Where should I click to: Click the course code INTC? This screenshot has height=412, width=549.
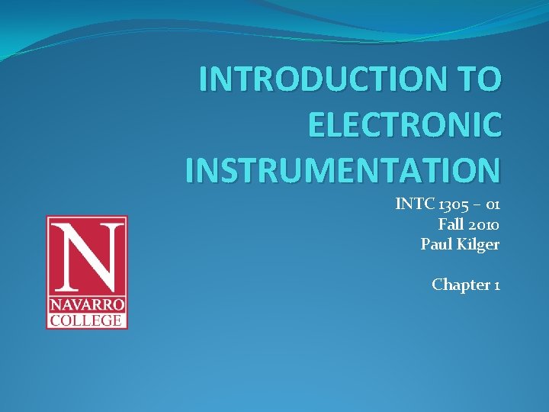click(412, 204)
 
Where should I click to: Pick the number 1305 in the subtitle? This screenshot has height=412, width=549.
click(451, 204)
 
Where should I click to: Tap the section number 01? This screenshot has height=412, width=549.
click(491, 204)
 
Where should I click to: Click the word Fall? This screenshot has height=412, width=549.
click(451, 224)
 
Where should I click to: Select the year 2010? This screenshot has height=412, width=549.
click(484, 224)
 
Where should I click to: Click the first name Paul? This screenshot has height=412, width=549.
click(435, 244)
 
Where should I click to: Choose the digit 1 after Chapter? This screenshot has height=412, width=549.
click(497, 285)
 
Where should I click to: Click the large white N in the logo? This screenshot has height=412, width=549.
click(87, 254)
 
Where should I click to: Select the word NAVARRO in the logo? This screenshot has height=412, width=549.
click(87, 304)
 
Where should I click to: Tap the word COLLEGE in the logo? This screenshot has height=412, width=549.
click(87, 319)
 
